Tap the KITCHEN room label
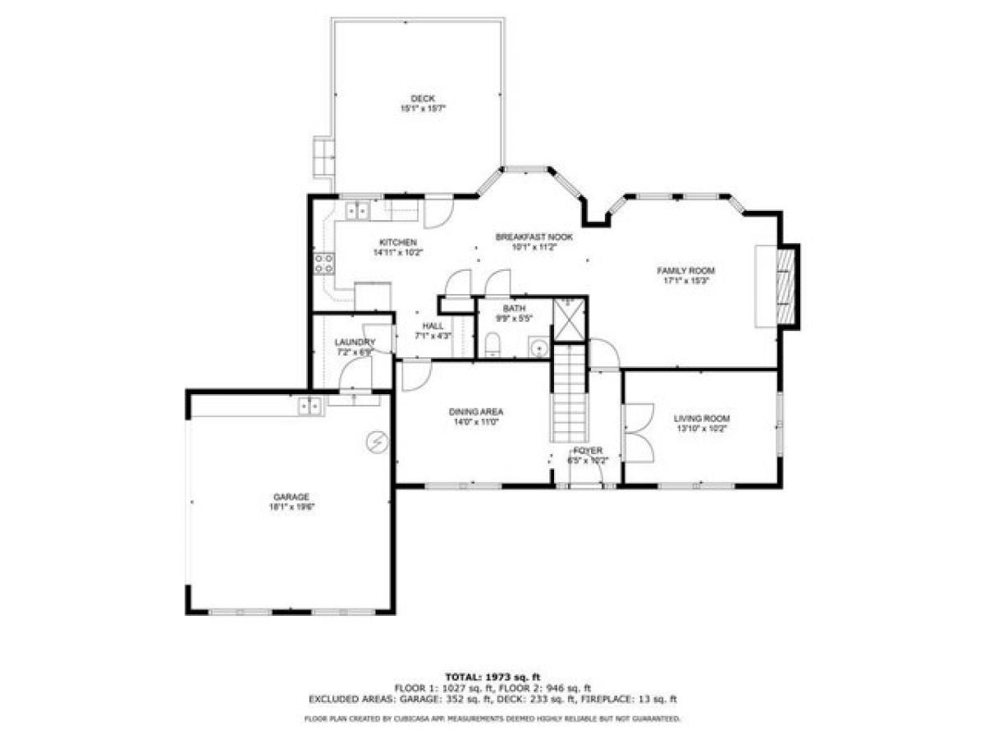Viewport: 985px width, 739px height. (x=398, y=242)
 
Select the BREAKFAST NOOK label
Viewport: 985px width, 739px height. (x=534, y=236)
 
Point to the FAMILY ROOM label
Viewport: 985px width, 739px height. (x=685, y=270)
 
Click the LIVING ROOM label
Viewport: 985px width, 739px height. (x=701, y=418)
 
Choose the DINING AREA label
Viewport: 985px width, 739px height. (x=475, y=412)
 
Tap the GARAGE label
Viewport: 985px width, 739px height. (x=291, y=497)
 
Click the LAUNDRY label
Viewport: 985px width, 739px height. (x=355, y=342)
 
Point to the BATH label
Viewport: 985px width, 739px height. (x=514, y=309)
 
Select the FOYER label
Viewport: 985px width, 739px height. (x=588, y=451)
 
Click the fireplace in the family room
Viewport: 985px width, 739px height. (x=786, y=286)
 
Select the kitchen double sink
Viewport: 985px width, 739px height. (x=358, y=211)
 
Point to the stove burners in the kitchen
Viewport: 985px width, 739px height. (x=323, y=263)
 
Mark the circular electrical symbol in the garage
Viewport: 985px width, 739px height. (x=377, y=442)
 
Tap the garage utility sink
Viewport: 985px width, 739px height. (x=309, y=404)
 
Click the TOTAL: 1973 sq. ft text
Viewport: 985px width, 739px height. (x=492, y=676)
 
